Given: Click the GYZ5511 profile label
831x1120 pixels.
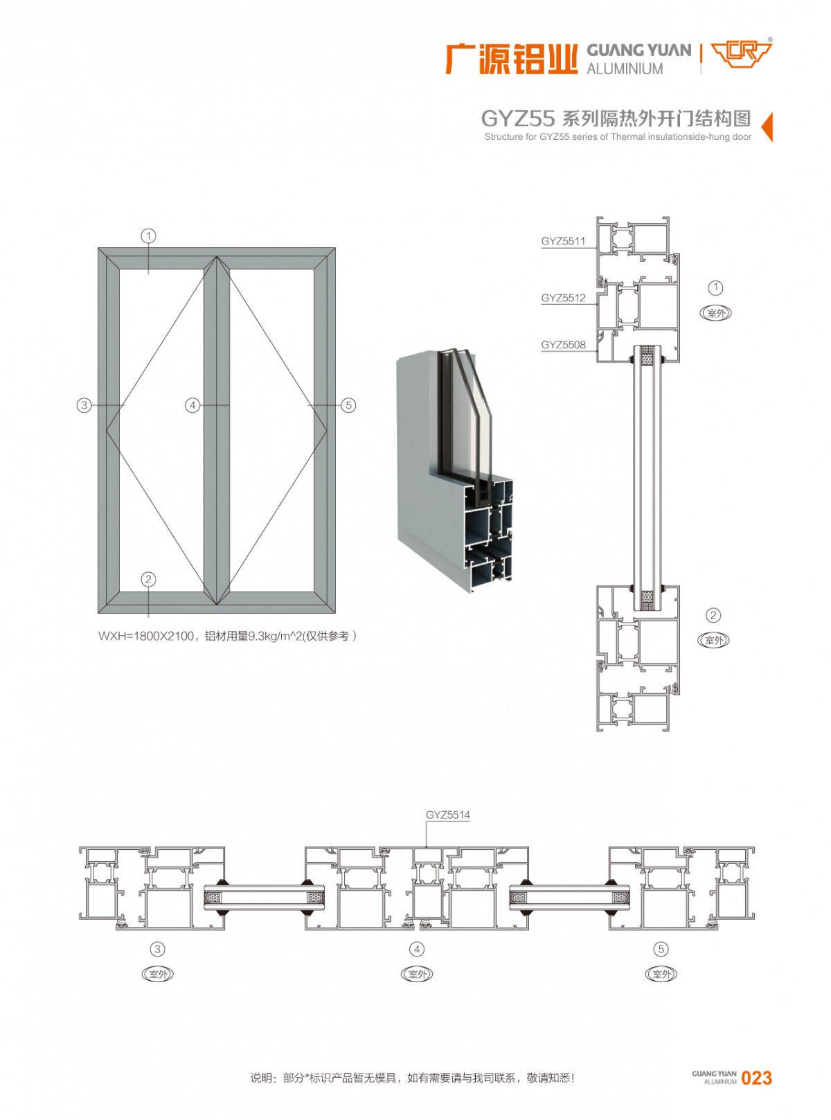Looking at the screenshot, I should point(563,241).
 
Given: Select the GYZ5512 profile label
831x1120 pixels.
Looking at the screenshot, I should point(563,298).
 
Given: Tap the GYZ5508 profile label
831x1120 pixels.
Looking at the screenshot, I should point(563,344).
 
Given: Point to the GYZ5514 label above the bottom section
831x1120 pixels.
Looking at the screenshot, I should point(447,815).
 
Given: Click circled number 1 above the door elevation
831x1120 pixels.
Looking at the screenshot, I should point(148,236).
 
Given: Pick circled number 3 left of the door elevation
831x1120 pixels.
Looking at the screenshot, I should point(84,405).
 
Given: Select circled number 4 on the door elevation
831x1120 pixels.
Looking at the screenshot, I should point(193,405).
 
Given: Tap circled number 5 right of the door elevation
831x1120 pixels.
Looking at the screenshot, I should point(348,405).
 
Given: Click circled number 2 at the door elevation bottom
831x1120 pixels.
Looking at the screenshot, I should point(148,580).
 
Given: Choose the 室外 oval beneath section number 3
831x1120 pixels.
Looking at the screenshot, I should point(158,974).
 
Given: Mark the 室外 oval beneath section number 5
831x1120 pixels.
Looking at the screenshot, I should point(661,974).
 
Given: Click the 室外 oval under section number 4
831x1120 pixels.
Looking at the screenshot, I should point(417,974).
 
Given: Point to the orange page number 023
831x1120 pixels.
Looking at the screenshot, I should point(756,1078).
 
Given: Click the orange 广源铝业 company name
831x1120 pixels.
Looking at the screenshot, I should point(511,59).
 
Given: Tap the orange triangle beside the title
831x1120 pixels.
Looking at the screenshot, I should point(767,127).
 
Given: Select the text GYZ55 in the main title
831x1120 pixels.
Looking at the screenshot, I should point(517,119).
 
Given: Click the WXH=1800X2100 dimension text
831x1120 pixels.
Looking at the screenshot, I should point(146,636).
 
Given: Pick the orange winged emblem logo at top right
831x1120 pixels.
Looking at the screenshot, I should point(741,54).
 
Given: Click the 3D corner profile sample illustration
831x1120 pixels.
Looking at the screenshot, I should point(454,471).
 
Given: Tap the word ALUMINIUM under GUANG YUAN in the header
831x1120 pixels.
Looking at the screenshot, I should point(625,69).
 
